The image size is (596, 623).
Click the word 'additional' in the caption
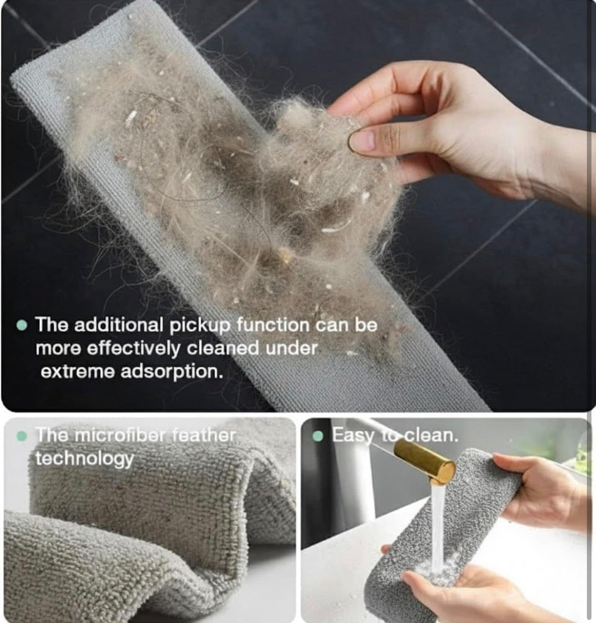click(118, 325)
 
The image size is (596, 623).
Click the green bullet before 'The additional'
click(21, 325)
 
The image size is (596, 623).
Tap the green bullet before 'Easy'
click(318, 436)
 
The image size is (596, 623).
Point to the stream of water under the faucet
click(438, 526)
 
